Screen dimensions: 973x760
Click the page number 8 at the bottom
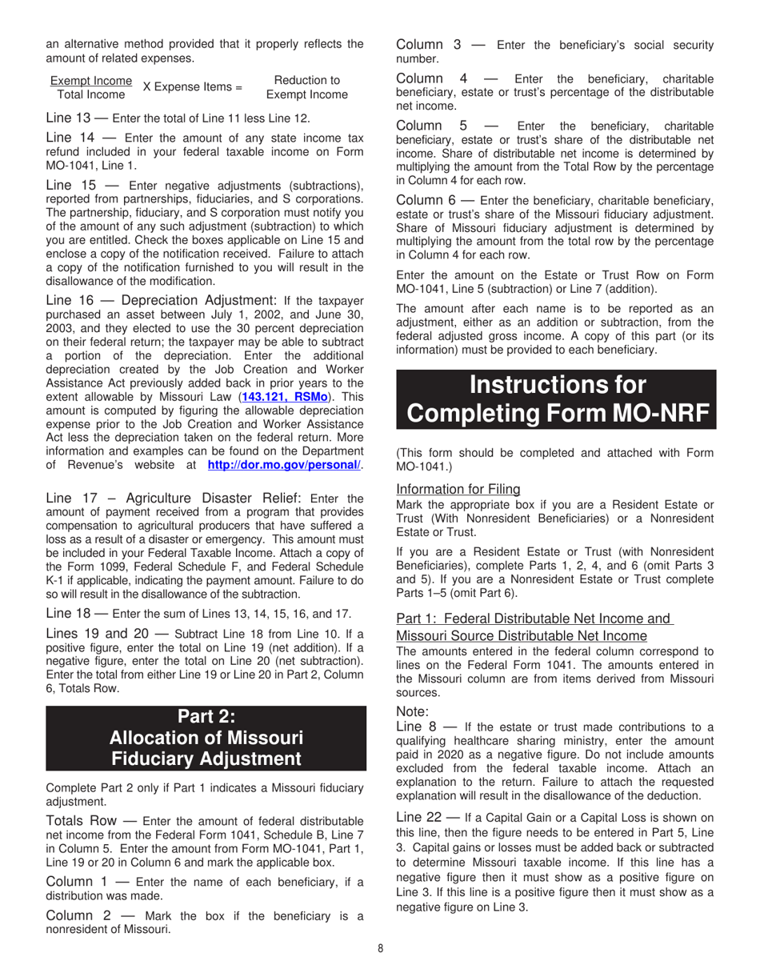click(x=381, y=949)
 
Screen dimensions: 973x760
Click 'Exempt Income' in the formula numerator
click(x=91, y=81)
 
